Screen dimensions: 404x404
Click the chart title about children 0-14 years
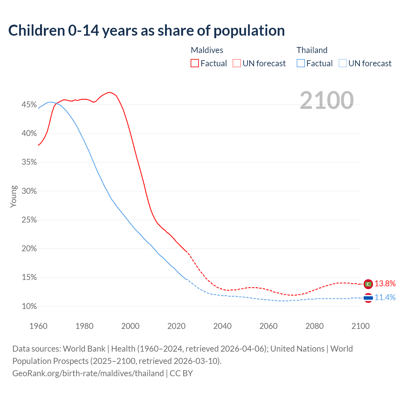(x=146, y=31)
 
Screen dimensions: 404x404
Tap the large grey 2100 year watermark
(x=326, y=100)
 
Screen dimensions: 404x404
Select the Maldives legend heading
(x=207, y=50)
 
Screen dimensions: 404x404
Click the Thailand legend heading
(x=312, y=50)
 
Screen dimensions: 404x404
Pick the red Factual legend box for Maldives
(x=195, y=63)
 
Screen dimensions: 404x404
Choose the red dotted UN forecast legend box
(x=237, y=63)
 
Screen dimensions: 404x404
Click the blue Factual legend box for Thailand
(x=301, y=63)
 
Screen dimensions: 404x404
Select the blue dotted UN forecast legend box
(x=342, y=63)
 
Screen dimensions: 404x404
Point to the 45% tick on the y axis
(x=29, y=105)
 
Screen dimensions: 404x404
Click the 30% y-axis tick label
(x=29, y=191)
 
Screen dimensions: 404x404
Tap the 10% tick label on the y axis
(x=29, y=306)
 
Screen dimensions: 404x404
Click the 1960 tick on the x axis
(x=39, y=326)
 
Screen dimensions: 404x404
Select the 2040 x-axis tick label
(x=223, y=326)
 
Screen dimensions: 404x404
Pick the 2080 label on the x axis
(x=314, y=326)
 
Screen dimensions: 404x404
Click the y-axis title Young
(x=14, y=196)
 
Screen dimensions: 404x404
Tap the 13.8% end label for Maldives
(x=385, y=284)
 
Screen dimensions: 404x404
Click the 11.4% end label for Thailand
(x=385, y=298)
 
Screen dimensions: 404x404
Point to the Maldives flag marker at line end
(x=368, y=284)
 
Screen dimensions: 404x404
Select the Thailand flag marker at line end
(x=368, y=298)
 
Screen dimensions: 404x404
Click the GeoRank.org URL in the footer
(x=88, y=373)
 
